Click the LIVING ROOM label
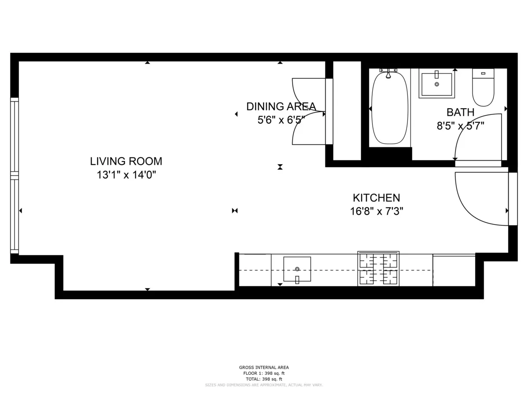tap(126, 161)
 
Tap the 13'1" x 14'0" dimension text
tap(126, 175)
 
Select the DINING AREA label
tap(281, 106)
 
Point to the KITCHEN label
tap(376, 198)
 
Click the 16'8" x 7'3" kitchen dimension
tap(377, 211)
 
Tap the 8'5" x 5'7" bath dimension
tap(460, 126)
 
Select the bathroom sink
tap(436, 84)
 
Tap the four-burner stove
tap(378, 269)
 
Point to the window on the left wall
tap(15, 176)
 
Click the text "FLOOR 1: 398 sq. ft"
tap(264, 373)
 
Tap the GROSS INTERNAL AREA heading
tap(264, 367)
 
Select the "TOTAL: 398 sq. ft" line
tap(264, 379)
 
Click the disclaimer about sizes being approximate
tap(264, 385)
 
